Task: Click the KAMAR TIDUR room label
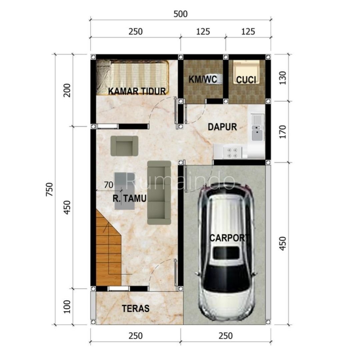(x=137, y=91)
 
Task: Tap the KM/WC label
(x=203, y=79)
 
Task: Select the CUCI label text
(x=246, y=80)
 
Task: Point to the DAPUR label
(x=222, y=127)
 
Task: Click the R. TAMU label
(x=129, y=199)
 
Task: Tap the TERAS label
(x=135, y=309)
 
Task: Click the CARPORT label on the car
(x=230, y=238)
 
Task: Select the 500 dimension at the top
(x=180, y=14)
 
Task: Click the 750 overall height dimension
(x=50, y=189)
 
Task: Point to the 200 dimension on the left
(x=67, y=90)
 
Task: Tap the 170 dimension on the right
(x=283, y=132)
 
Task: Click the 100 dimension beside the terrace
(x=67, y=307)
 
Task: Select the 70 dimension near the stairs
(x=109, y=185)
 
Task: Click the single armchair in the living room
(x=124, y=146)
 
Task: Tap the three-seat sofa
(x=159, y=193)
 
